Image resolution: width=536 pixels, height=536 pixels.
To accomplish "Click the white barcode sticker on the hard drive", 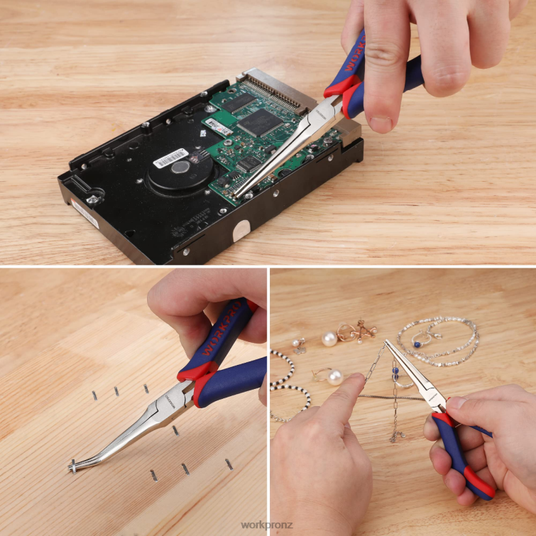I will tap(171, 158).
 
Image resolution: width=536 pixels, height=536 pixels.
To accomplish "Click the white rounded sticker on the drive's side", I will tap(241, 229).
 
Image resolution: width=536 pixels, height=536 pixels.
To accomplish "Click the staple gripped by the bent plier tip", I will tap(72, 466).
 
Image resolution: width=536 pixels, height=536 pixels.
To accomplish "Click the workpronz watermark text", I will tap(267, 525).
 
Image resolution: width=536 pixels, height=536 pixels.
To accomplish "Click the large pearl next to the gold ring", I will tap(329, 339).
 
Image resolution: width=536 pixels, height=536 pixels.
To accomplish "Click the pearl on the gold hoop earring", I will tap(334, 377).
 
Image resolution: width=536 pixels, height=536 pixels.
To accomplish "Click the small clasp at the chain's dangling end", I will tap(395, 436).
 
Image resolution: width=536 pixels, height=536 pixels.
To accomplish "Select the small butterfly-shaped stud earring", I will tap(300, 345).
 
